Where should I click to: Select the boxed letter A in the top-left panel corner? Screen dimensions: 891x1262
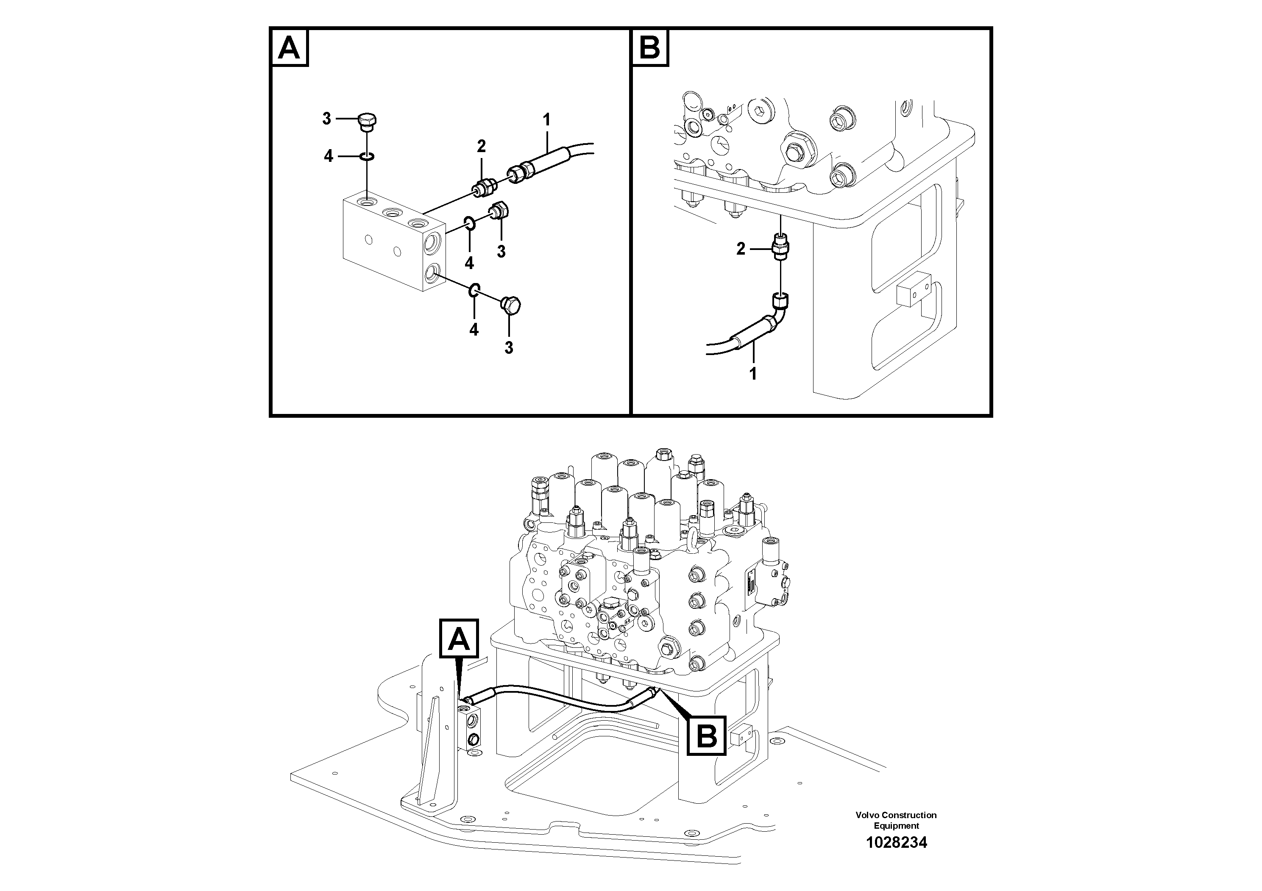coord(289,48)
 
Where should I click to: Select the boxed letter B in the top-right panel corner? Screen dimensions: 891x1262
coord(650,48)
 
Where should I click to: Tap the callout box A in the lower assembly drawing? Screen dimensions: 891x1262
coord(459,638)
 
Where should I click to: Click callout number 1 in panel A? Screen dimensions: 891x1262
coord(546,119)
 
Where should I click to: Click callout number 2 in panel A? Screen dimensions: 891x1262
coord(481,146)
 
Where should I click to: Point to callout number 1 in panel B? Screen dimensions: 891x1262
coord(753,374)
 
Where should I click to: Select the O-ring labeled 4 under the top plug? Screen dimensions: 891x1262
coord(367,157)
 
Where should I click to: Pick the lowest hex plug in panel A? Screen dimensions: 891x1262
coord(511,305)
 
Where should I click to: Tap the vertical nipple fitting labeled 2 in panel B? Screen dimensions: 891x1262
coord(780,246)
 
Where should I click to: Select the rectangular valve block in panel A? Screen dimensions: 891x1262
coord(393,241)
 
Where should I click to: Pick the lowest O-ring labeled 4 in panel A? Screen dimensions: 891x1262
coord(474,289)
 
